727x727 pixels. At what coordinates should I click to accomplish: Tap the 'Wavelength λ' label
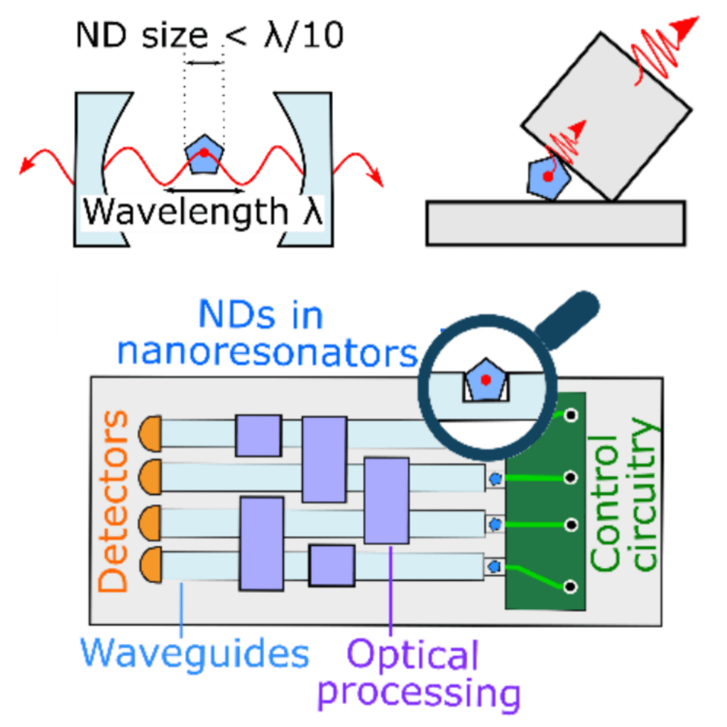point(203,211)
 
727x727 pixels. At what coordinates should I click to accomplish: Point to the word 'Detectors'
point(114,501)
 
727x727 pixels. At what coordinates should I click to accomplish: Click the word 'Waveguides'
point(195,652)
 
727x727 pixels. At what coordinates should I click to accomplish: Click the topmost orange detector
point(151,431)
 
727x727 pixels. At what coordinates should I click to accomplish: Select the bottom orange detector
point(151,566)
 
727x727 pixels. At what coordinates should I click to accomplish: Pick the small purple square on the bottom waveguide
point(332,566)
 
